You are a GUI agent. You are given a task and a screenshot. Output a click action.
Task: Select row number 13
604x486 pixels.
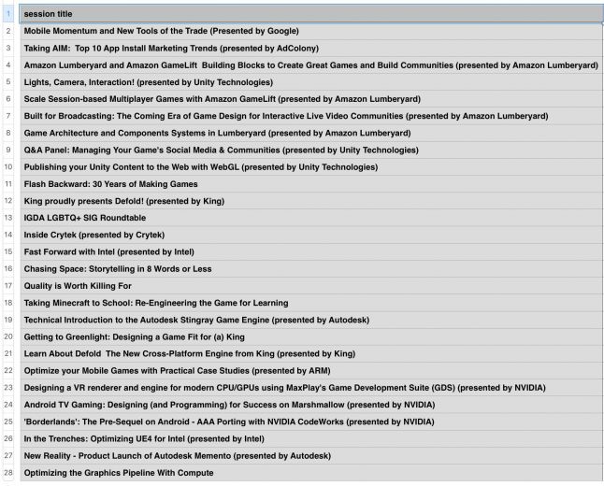pyautogui.click(x=7, y=218)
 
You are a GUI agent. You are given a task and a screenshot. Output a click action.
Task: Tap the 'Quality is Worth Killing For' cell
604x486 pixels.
pyautogui.click(x=78, y=286)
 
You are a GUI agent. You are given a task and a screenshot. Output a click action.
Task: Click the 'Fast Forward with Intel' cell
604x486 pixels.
pyautogui.click(x=108, y=251)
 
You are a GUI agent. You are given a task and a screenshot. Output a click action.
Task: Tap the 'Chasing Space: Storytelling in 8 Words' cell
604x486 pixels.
pyautogui.click(x=118, y=269)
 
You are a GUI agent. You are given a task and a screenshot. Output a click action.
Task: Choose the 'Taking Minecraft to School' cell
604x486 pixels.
pyautogui.click(x=155, y=303)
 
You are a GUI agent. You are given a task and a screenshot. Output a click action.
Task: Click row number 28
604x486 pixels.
pyautogui.click(x=7, y=473)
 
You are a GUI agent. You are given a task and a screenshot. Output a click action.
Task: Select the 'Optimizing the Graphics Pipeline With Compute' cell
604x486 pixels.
pyautogui.click(x=118, y=473)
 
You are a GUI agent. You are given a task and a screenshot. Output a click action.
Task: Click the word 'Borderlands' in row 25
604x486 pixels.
pyautogui.click(x=50, y=422)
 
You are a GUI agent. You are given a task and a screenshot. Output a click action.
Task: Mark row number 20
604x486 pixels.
pyautogui.click(x=7, y=336)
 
